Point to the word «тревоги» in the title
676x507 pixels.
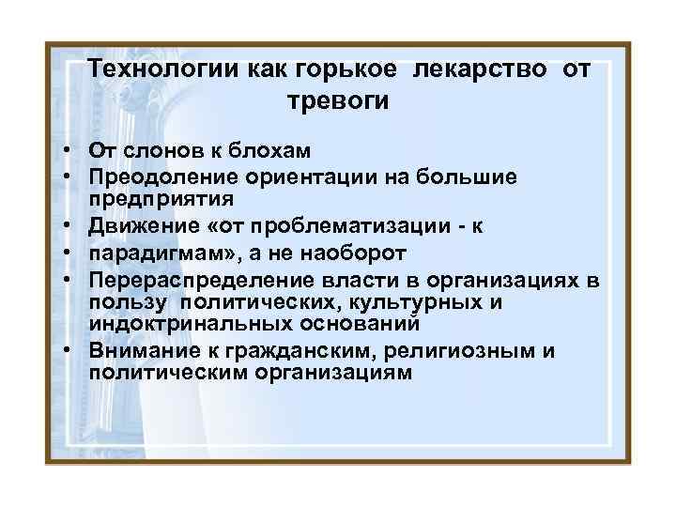point(338,100)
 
